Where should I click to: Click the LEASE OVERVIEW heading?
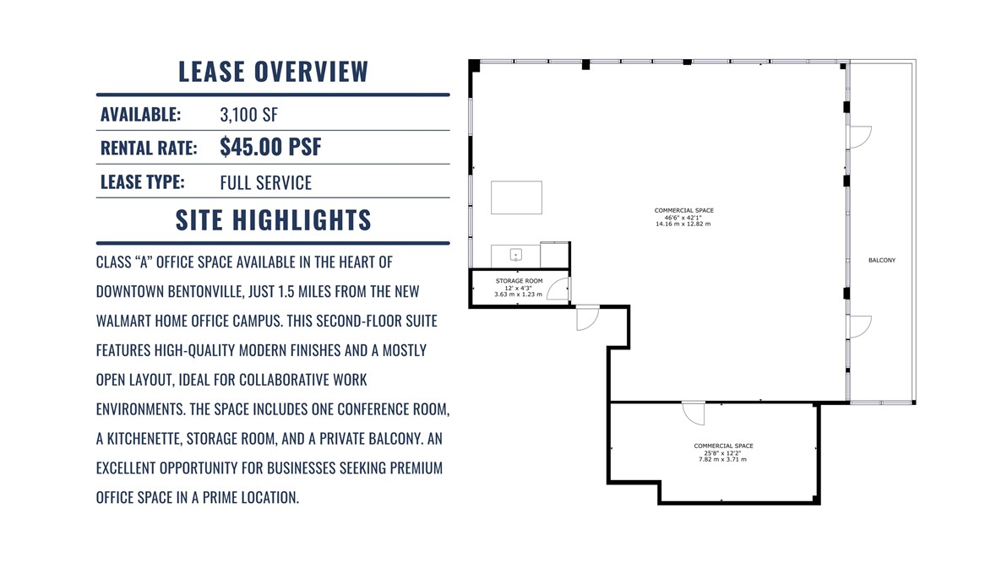pyautogui.click(x=273, y=72)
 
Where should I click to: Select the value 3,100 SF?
pyautogui.click(x=248, y=114)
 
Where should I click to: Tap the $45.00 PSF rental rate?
pyautogui.click(x=270, y=147)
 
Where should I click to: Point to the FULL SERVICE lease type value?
pyautogui.click(x=265, y=182)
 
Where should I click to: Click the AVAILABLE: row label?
pyautogui.click(x=140, y=114)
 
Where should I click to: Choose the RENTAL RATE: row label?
pyautogui.click(x=149, y=148)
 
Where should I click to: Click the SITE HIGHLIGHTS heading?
pyautogui.click(x=273, y=220)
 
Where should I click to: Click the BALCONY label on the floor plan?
pyautogui.click(x=881, y=260)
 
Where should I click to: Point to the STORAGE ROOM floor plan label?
pyautogui.click(x=519, y=280)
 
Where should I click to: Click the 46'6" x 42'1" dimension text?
pyautogui.click(x=683, y=218)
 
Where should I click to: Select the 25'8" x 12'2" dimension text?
pyautogui.click(x=723, y=453)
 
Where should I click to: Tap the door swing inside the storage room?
pyautogui.click(x=558, y=289)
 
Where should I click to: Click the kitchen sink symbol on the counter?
pyautogui.click(x=515, y=255)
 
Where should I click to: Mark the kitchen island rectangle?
pyautogui.click(x=516, y=197)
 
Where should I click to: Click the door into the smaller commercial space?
pyautogui.click(x=694, y=413)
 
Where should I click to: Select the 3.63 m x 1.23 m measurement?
pyautogui.click(x=518, y=295)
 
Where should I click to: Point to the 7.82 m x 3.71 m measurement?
pyautogui.click(x=723, y=460)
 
